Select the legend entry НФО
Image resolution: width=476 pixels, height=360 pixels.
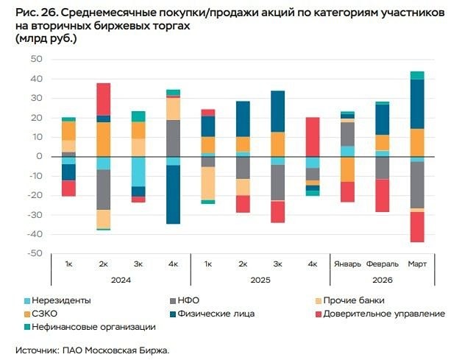click(188, 300)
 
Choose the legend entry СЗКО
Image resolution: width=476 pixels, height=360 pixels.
click(48, 314)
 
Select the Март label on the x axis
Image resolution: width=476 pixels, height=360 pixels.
click(417, 264)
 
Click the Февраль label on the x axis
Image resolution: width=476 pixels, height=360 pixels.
click(382, 264)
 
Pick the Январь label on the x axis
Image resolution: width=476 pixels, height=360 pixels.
click(347, 264)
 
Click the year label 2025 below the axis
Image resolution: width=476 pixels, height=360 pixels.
click(260, 279)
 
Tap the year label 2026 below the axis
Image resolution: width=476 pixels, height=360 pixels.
click(382, 279)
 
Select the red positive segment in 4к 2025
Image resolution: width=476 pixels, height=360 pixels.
click(313, 137)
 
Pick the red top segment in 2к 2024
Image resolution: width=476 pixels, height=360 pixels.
click(104, 99)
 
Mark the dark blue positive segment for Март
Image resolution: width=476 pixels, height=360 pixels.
click(417, 104)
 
